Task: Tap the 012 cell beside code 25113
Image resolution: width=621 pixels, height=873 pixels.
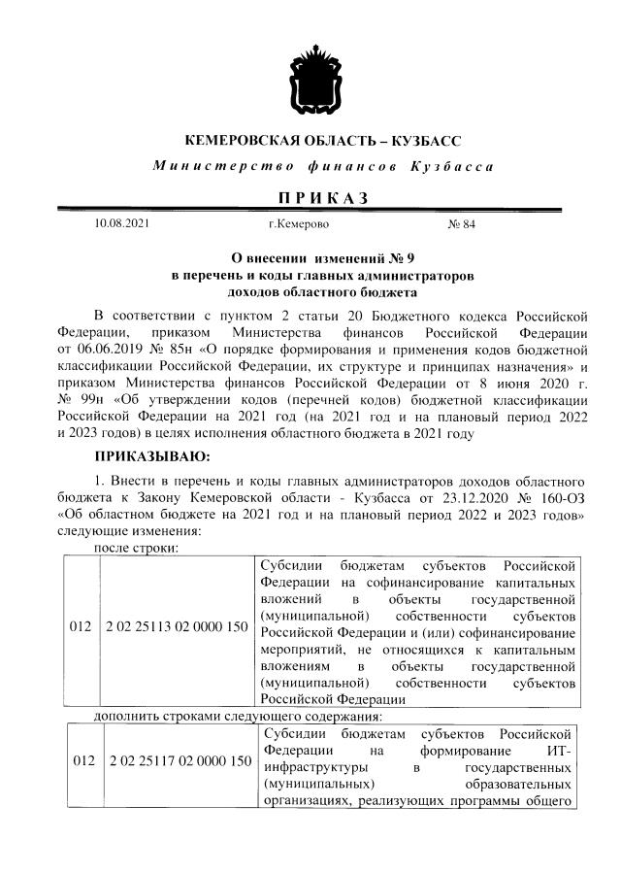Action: coord(81,628)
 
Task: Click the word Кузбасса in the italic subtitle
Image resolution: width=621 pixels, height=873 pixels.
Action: coord(452,166)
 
